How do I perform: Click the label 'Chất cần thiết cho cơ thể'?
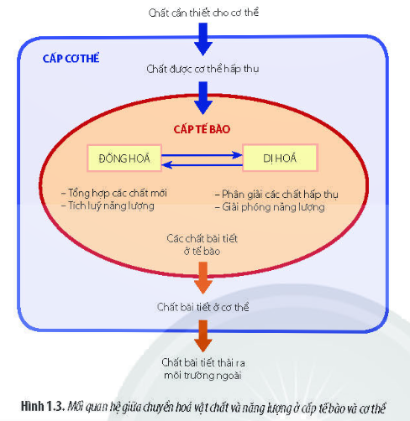tap(203, 13)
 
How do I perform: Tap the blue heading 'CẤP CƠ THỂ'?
tap(71, 58)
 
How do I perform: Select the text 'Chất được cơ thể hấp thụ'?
tap(202, 69)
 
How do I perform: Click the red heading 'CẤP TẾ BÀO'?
tap(202, 129)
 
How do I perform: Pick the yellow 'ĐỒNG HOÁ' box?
tap(124, 158)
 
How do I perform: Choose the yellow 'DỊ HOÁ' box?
tap(280, 158)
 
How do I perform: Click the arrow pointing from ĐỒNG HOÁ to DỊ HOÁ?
tap(202, 155)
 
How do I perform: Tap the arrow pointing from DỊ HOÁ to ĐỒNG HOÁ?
tap(202, 165)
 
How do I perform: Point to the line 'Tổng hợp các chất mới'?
tap(114, 193)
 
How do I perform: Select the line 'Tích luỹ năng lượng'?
tap(108, 205)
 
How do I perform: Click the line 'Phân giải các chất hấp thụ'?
tap(276, 195)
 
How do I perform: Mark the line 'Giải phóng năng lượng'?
tap(270, 207)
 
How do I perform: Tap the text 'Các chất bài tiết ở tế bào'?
tap(202, 245)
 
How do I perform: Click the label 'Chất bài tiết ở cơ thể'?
tap(202, 307)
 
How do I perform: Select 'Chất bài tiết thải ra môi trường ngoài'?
tap(203, 369)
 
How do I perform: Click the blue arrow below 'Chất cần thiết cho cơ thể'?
tap(203, 39)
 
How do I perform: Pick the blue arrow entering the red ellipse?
tap(203, 98)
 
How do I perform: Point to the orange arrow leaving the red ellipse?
tap(203, 278)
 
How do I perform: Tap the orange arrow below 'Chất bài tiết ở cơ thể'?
tap(203, 336)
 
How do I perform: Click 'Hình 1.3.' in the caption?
tap(43, 407)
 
